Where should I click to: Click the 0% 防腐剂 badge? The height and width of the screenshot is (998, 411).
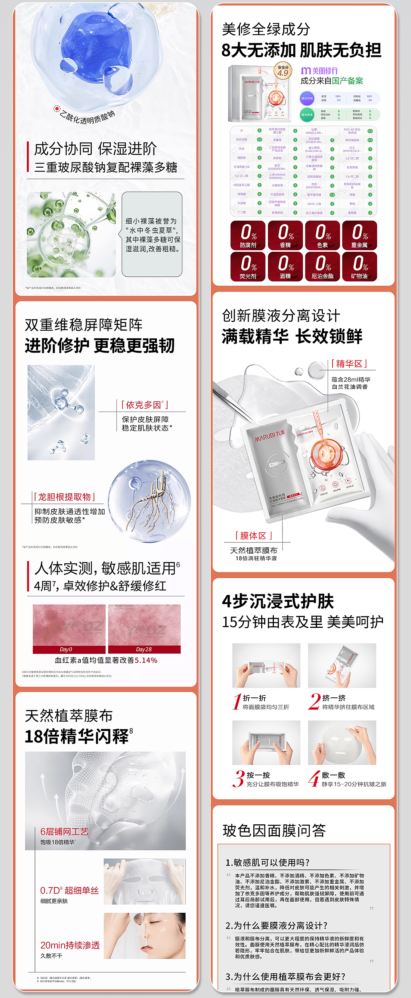click(x=248, y=235)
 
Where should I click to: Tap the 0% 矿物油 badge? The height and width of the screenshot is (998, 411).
click(x=359, y=267)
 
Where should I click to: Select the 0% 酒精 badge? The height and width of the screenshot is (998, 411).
click(x=285, y=267)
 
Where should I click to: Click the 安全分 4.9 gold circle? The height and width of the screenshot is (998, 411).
click(x=283, y=71)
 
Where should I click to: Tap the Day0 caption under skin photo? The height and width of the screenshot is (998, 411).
click(x=66, y=649)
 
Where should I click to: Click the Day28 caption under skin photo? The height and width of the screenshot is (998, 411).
click(x=144, y=649)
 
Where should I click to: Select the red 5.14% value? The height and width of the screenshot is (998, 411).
click(x=146, y=660)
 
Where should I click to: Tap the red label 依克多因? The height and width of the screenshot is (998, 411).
click(x=144, y=405)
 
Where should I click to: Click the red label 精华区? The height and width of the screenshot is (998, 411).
click(x=349, y=363)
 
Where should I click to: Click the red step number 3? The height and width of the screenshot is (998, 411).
click(x=238, y=779)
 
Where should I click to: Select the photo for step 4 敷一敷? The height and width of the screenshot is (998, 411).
click(x=342, y=742)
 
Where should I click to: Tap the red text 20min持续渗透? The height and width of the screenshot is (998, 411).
click(x=70, y=945)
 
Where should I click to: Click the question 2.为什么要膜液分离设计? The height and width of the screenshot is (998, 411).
click(x=276, y=926)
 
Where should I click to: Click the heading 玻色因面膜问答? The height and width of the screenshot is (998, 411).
click(x=274, y=830)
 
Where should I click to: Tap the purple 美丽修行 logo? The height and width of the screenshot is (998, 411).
click(x=319, y=71)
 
